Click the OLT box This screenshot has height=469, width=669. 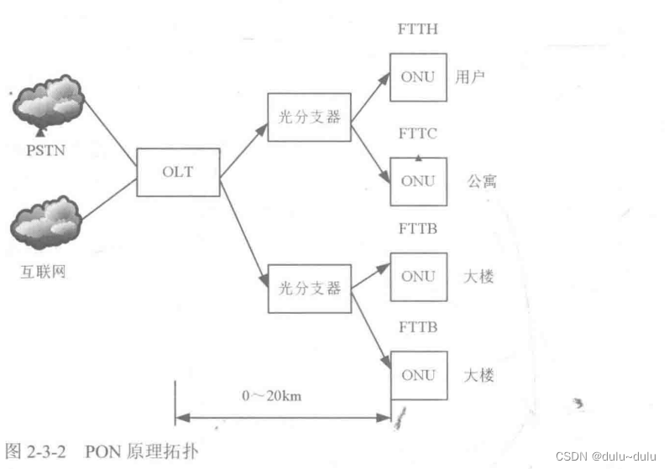pyautogui.click(x=177, y=173)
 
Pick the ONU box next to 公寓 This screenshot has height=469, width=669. pyautogui.click(x=417, y=180)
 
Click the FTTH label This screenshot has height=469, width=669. pyautogui.click(x=416, y=30)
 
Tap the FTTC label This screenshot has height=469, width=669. pyautogui.click(x=416, y=134)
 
